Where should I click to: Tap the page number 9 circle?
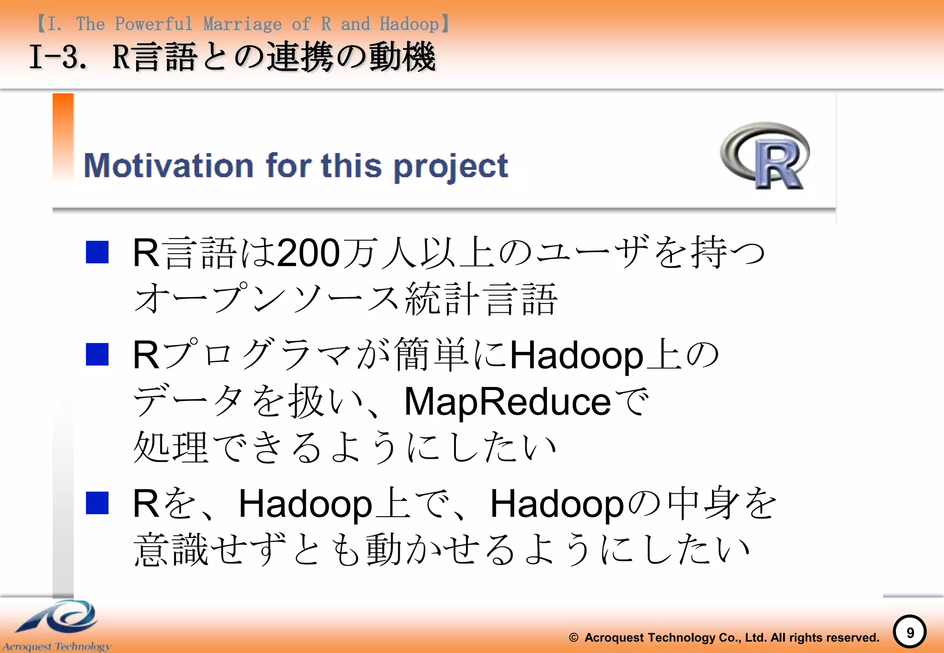909,632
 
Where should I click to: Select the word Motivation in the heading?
169,166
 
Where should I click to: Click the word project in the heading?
451,167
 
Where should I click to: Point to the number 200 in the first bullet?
308,253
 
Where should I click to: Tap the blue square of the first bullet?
97,252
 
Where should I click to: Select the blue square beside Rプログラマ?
97,355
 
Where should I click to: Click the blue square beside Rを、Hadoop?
97,503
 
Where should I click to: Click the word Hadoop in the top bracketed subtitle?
409,24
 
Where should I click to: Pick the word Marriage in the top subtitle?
242,24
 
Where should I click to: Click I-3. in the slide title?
58,57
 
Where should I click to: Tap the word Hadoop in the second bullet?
576,356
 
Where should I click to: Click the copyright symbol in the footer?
573,638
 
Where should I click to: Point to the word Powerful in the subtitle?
153,24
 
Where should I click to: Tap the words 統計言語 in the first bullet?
481,299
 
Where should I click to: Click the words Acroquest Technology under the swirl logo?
57,647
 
